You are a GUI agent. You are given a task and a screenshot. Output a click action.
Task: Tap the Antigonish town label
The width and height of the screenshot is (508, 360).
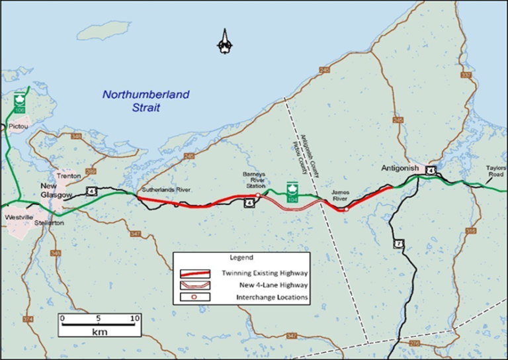pos(401,169)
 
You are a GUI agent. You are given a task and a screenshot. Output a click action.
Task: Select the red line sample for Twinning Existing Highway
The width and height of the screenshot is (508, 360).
pos(196,273)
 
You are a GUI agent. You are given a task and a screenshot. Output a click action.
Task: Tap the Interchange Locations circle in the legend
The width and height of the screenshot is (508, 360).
pos(195,297)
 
